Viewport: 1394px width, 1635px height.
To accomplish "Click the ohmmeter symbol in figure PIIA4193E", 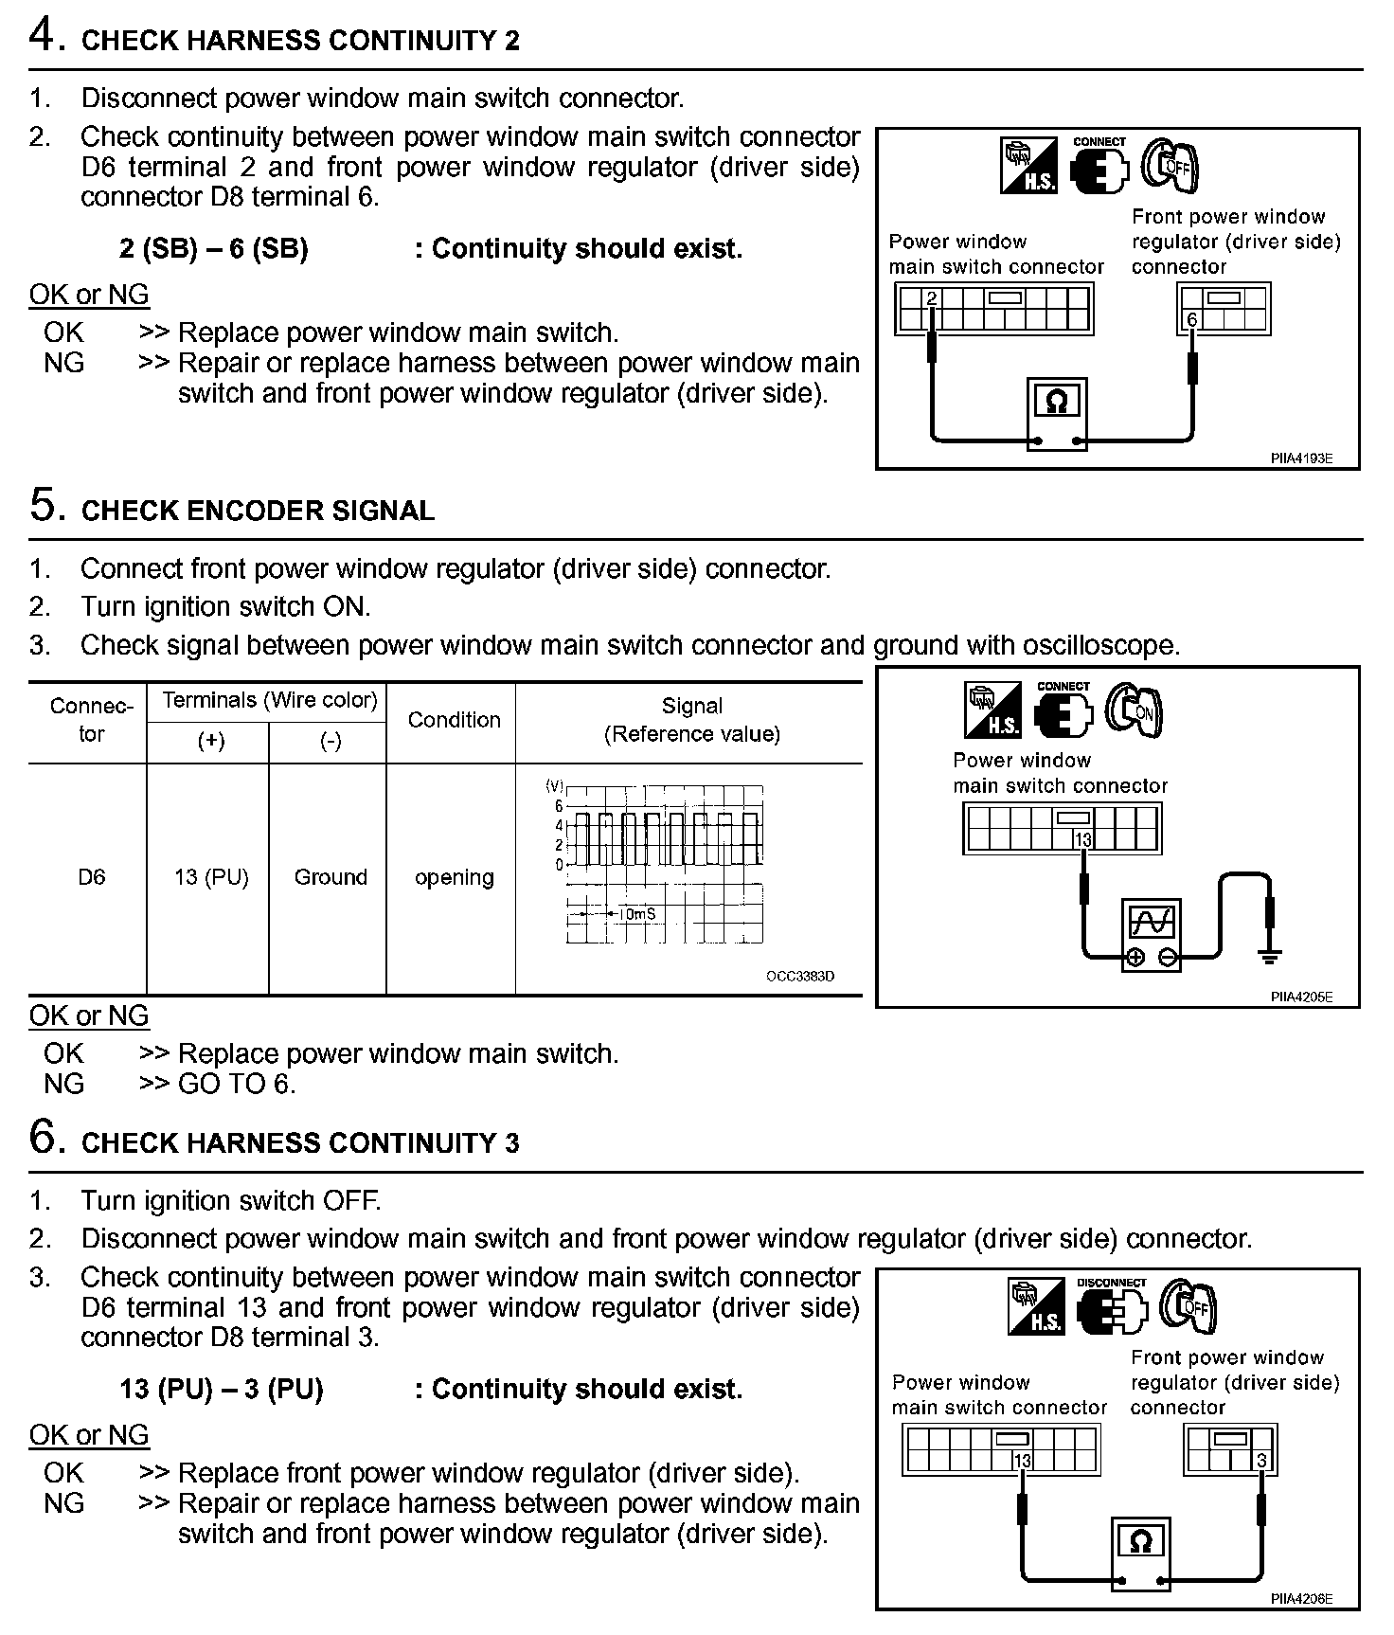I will click(1057, 403).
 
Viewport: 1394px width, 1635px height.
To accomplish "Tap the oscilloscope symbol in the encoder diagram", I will click(1152, 921).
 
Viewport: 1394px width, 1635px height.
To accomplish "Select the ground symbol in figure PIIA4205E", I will click(1269, 956).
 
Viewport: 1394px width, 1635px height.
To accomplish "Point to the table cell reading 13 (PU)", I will click(210, 877).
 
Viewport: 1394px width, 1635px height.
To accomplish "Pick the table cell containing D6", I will click(91, 877).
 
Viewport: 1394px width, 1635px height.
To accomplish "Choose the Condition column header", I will click(454, 720).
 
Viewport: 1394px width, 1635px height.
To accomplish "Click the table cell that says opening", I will click(454, 877).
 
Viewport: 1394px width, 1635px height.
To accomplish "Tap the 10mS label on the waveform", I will click(636, 914).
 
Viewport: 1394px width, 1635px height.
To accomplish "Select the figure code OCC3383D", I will click(800, 977).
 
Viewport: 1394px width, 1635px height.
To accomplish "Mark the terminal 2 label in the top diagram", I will click(932, 299).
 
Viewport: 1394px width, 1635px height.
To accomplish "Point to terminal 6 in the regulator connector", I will click(1191, 320).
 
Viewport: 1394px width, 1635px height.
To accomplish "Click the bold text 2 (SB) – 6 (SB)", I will click(214, 249).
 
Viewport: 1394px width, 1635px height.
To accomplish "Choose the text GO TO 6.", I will click(237, 1084).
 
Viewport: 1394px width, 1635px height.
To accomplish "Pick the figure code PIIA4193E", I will click(1301, 458).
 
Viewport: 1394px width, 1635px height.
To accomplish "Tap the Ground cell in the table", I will click(331, 877).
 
